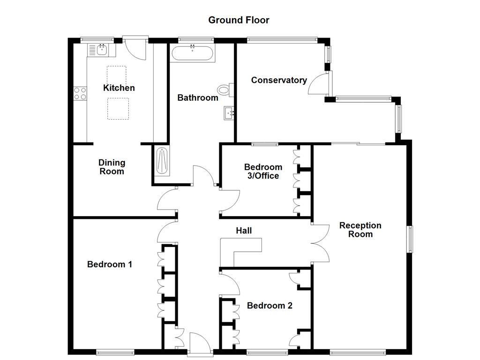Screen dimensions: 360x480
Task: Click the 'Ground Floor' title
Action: pyautogui.click(x=239, y=20)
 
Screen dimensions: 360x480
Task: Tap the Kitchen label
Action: pyautogui.click(x=119, y=88)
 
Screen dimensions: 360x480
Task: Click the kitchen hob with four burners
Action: pyautogui.click(x=80, y=93)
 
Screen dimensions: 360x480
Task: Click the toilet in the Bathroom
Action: pyautogui.click(x=225, y=90)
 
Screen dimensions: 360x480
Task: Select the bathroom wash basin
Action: pyautogui.click(x=229, y=113)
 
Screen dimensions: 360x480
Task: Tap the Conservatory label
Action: pyautogui.click(x=279, y=80)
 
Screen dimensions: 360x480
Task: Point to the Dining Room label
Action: pyautogui.click(x=112, y=167)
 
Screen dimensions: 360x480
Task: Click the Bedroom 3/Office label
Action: pyautogui.click(x=263, y=172)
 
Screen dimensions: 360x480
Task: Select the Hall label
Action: pyautogui.click(x=244, y=231)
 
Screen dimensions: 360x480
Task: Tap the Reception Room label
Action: pyautogui.click(x=360, y=230)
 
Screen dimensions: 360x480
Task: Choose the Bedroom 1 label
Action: pyautogui.click(x=110, y=264)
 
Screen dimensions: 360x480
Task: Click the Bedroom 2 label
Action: pyautogui.click(x=270, y=306)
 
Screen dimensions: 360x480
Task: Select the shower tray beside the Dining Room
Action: pyautogui.click(x=160, y=161)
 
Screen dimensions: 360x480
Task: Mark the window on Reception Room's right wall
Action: pyautogui.click(x=409, y=240)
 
